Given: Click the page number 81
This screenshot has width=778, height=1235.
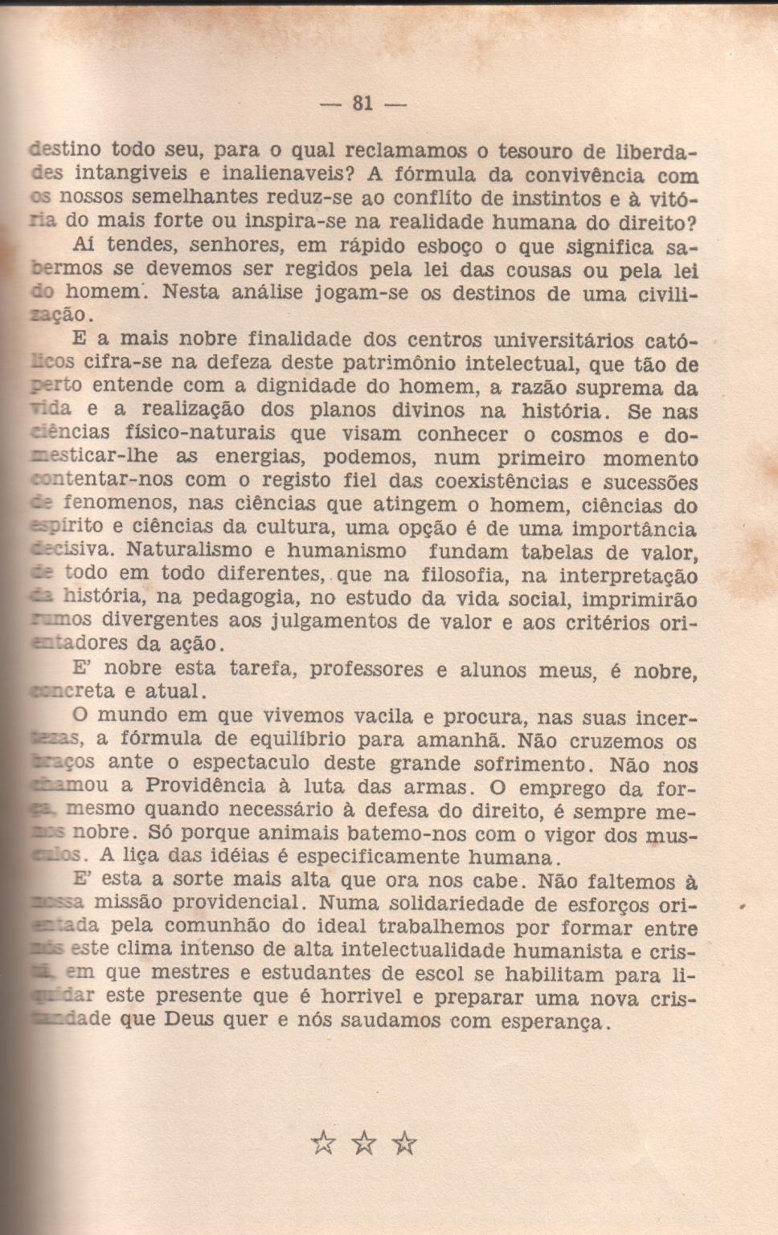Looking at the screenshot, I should [362, 103].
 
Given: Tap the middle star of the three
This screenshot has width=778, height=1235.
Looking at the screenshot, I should [364, 1142].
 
